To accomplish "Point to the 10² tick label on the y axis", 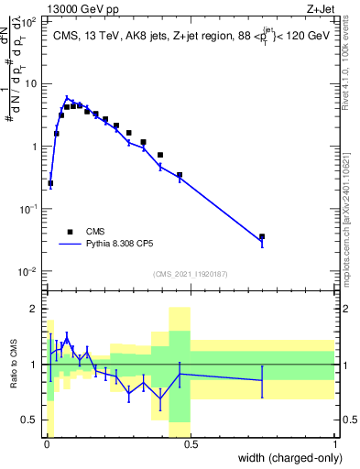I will (x=28, y=20).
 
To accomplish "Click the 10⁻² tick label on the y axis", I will (x=28, y=272).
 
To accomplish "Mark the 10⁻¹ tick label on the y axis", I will (x=28, y=209).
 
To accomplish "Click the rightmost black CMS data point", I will (x=262, y=236).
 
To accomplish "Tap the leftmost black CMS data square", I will (x=50, y=183).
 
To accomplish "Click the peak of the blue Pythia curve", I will (x=67, y=97).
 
